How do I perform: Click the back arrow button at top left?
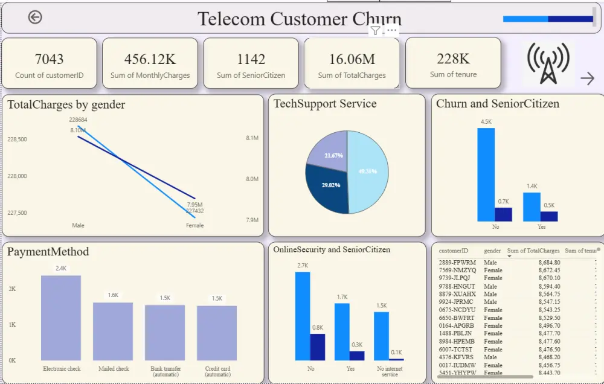click(35, 18)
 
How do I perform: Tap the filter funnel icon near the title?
click(375, 31)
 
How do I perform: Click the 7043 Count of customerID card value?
click(49, 59)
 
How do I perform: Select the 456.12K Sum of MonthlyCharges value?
click(150, 59)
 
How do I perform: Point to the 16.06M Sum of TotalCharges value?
click(352, 59)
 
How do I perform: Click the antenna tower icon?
click(548, 63)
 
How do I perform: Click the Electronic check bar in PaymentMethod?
click(61, 318)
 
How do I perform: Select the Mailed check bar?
click(113, 331)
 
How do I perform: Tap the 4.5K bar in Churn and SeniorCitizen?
click(486, 174)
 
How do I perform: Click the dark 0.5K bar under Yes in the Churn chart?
click(549, 216)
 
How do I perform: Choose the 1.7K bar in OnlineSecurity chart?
click(342, 331)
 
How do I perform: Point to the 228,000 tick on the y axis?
click(17, 176)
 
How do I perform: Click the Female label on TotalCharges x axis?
click(194, 225)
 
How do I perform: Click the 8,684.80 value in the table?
click(549, 263)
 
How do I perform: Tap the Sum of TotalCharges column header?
click(533, 251)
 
